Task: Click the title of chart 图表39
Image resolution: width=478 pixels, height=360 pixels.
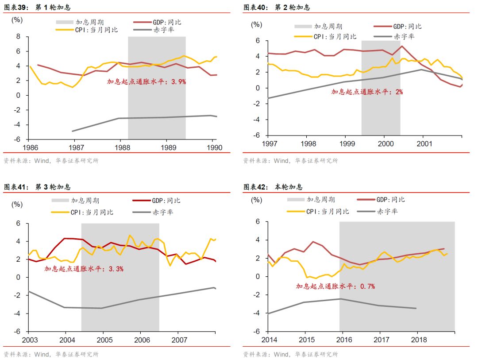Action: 37,8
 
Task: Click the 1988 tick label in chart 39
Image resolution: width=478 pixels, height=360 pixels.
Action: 120,147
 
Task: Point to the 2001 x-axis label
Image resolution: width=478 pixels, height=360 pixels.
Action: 424,143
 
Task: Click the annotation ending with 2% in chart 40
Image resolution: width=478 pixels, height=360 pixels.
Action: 367,92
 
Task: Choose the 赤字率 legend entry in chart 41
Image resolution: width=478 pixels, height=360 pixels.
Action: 163,212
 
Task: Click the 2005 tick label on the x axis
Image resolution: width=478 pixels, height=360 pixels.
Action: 103,340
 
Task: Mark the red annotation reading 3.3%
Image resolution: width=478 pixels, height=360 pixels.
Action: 84,268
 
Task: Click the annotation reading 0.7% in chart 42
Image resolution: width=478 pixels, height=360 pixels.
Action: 335,286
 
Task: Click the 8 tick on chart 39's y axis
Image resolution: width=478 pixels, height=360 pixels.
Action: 19,37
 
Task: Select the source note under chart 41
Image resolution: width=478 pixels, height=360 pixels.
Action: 51,354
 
